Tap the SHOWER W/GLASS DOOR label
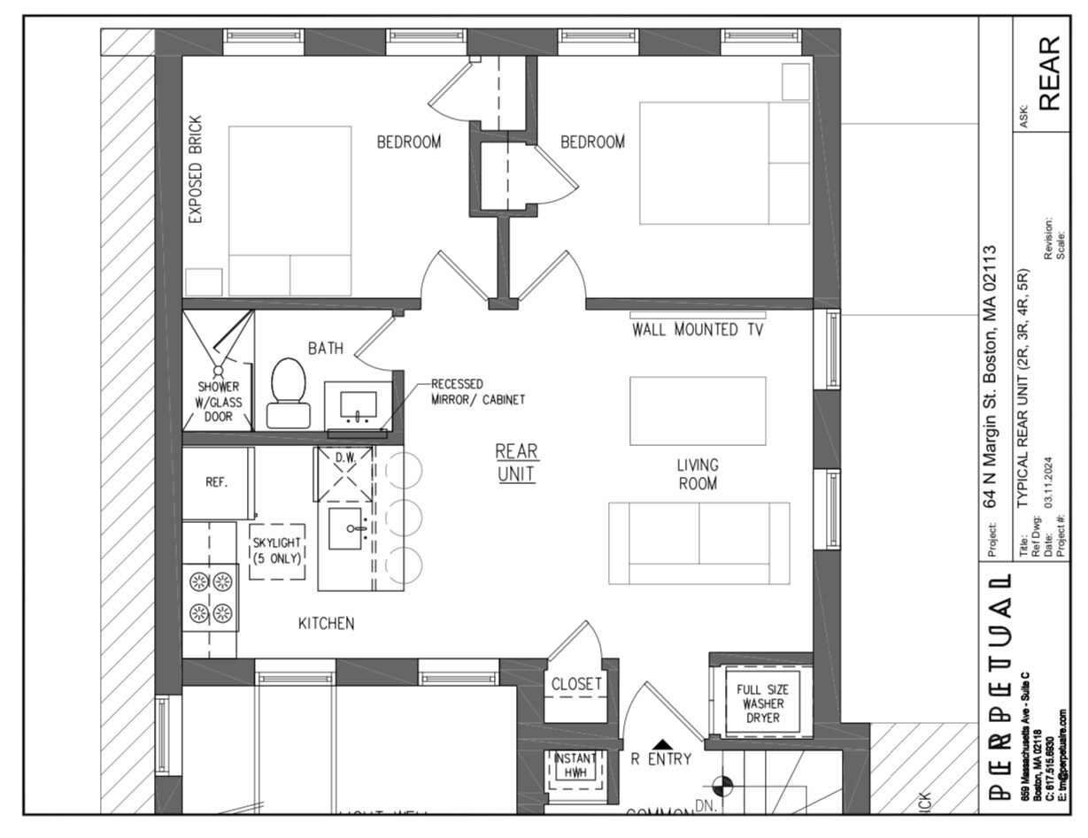pos(219,401)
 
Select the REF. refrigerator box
pos(218,483)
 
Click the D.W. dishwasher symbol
pos(343,473)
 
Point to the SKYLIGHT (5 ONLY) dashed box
pos(277,551)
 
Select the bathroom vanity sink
pos(359,406)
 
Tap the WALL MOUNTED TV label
pos(698,330)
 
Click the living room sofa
pos(698,542)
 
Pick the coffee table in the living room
pos(698,411)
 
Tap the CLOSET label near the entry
pos(576,684)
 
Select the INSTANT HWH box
pos(575,765)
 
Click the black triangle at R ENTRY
pos(661,744)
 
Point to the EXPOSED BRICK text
pos(196,169)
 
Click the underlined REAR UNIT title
pos(516,462)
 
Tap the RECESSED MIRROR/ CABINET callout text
pos(477,392)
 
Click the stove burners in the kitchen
pos(211,597)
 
